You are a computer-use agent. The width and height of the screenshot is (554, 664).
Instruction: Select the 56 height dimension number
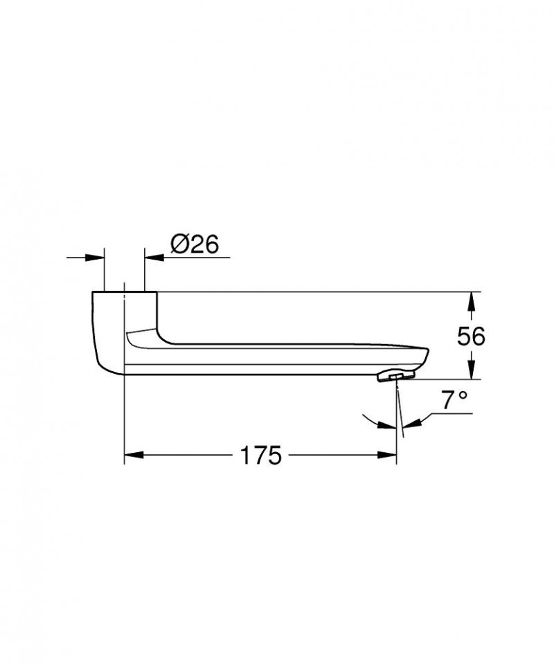click(x=471, y=336)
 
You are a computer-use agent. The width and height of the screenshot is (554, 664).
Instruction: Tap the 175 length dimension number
click(x=261, y=456)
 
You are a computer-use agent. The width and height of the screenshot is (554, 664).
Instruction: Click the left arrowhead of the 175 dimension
click(x=132, y=456)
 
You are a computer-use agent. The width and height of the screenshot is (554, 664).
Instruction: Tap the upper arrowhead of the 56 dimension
click(x=471, y=299)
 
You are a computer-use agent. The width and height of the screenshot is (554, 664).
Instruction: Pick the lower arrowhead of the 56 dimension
click(x=471, y=373)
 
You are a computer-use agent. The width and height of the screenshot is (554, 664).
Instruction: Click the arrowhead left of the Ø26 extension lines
click(x=97, y=257)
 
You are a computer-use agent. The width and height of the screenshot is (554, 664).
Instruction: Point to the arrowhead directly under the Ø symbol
click(x=152, y=257)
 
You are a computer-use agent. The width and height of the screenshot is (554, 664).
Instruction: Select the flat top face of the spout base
click(x=125, y=293)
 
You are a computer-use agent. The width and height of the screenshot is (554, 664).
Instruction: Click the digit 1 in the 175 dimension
click(x=244, y=456)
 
